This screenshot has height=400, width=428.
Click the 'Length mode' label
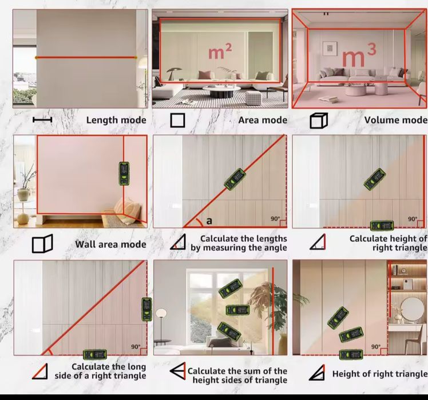116,120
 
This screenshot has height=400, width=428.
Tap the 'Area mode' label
263,120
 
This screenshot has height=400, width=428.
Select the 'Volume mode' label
396,120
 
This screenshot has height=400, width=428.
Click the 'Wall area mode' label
110,244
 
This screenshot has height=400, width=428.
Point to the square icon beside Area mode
178,121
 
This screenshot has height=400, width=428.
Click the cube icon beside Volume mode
319,121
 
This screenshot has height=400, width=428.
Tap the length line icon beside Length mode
42,119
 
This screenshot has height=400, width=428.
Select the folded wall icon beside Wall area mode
42,243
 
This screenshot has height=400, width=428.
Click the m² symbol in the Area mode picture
220,52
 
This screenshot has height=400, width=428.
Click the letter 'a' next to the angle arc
209,221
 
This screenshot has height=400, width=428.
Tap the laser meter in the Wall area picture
124,174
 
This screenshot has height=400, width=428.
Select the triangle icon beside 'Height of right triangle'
317,373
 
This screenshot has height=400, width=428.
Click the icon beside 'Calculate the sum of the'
178,371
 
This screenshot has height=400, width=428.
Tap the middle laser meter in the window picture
237,310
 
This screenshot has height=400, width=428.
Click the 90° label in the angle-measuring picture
275,219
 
